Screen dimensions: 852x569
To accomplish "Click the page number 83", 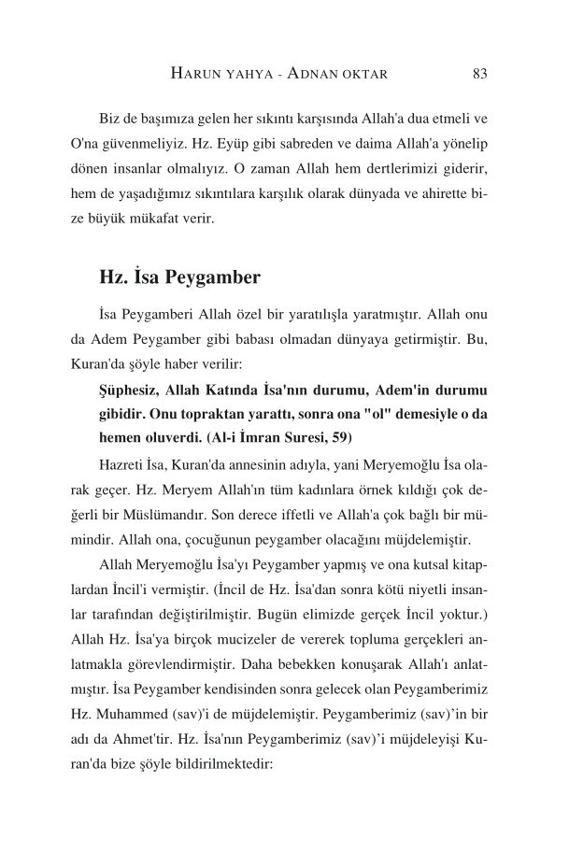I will point(481,73).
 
